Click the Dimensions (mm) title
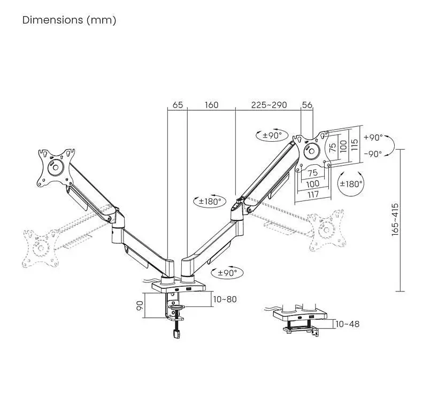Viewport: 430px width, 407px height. (69, 20)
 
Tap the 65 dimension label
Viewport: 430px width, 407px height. (178, 105)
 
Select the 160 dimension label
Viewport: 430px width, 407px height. (211, 105)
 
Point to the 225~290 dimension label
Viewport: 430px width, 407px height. (269, 105)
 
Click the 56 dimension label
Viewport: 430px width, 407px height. (307, 105)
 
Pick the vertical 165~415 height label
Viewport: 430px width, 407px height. (395, 220)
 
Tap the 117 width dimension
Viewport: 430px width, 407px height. (313, 194)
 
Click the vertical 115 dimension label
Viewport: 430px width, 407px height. (354, 144)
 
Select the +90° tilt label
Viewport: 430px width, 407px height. (373, 137)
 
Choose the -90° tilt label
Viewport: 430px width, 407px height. (373, 154)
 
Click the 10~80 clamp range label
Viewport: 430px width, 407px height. (225, 299)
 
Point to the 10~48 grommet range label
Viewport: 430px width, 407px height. (347, 324)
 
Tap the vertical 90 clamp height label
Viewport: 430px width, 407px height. (140, 305)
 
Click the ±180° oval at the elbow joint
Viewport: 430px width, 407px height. (210, 201)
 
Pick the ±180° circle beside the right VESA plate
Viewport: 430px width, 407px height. (351, 184)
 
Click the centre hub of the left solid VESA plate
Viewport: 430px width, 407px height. (56, 167)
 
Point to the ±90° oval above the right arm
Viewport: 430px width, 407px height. (272, 135)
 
